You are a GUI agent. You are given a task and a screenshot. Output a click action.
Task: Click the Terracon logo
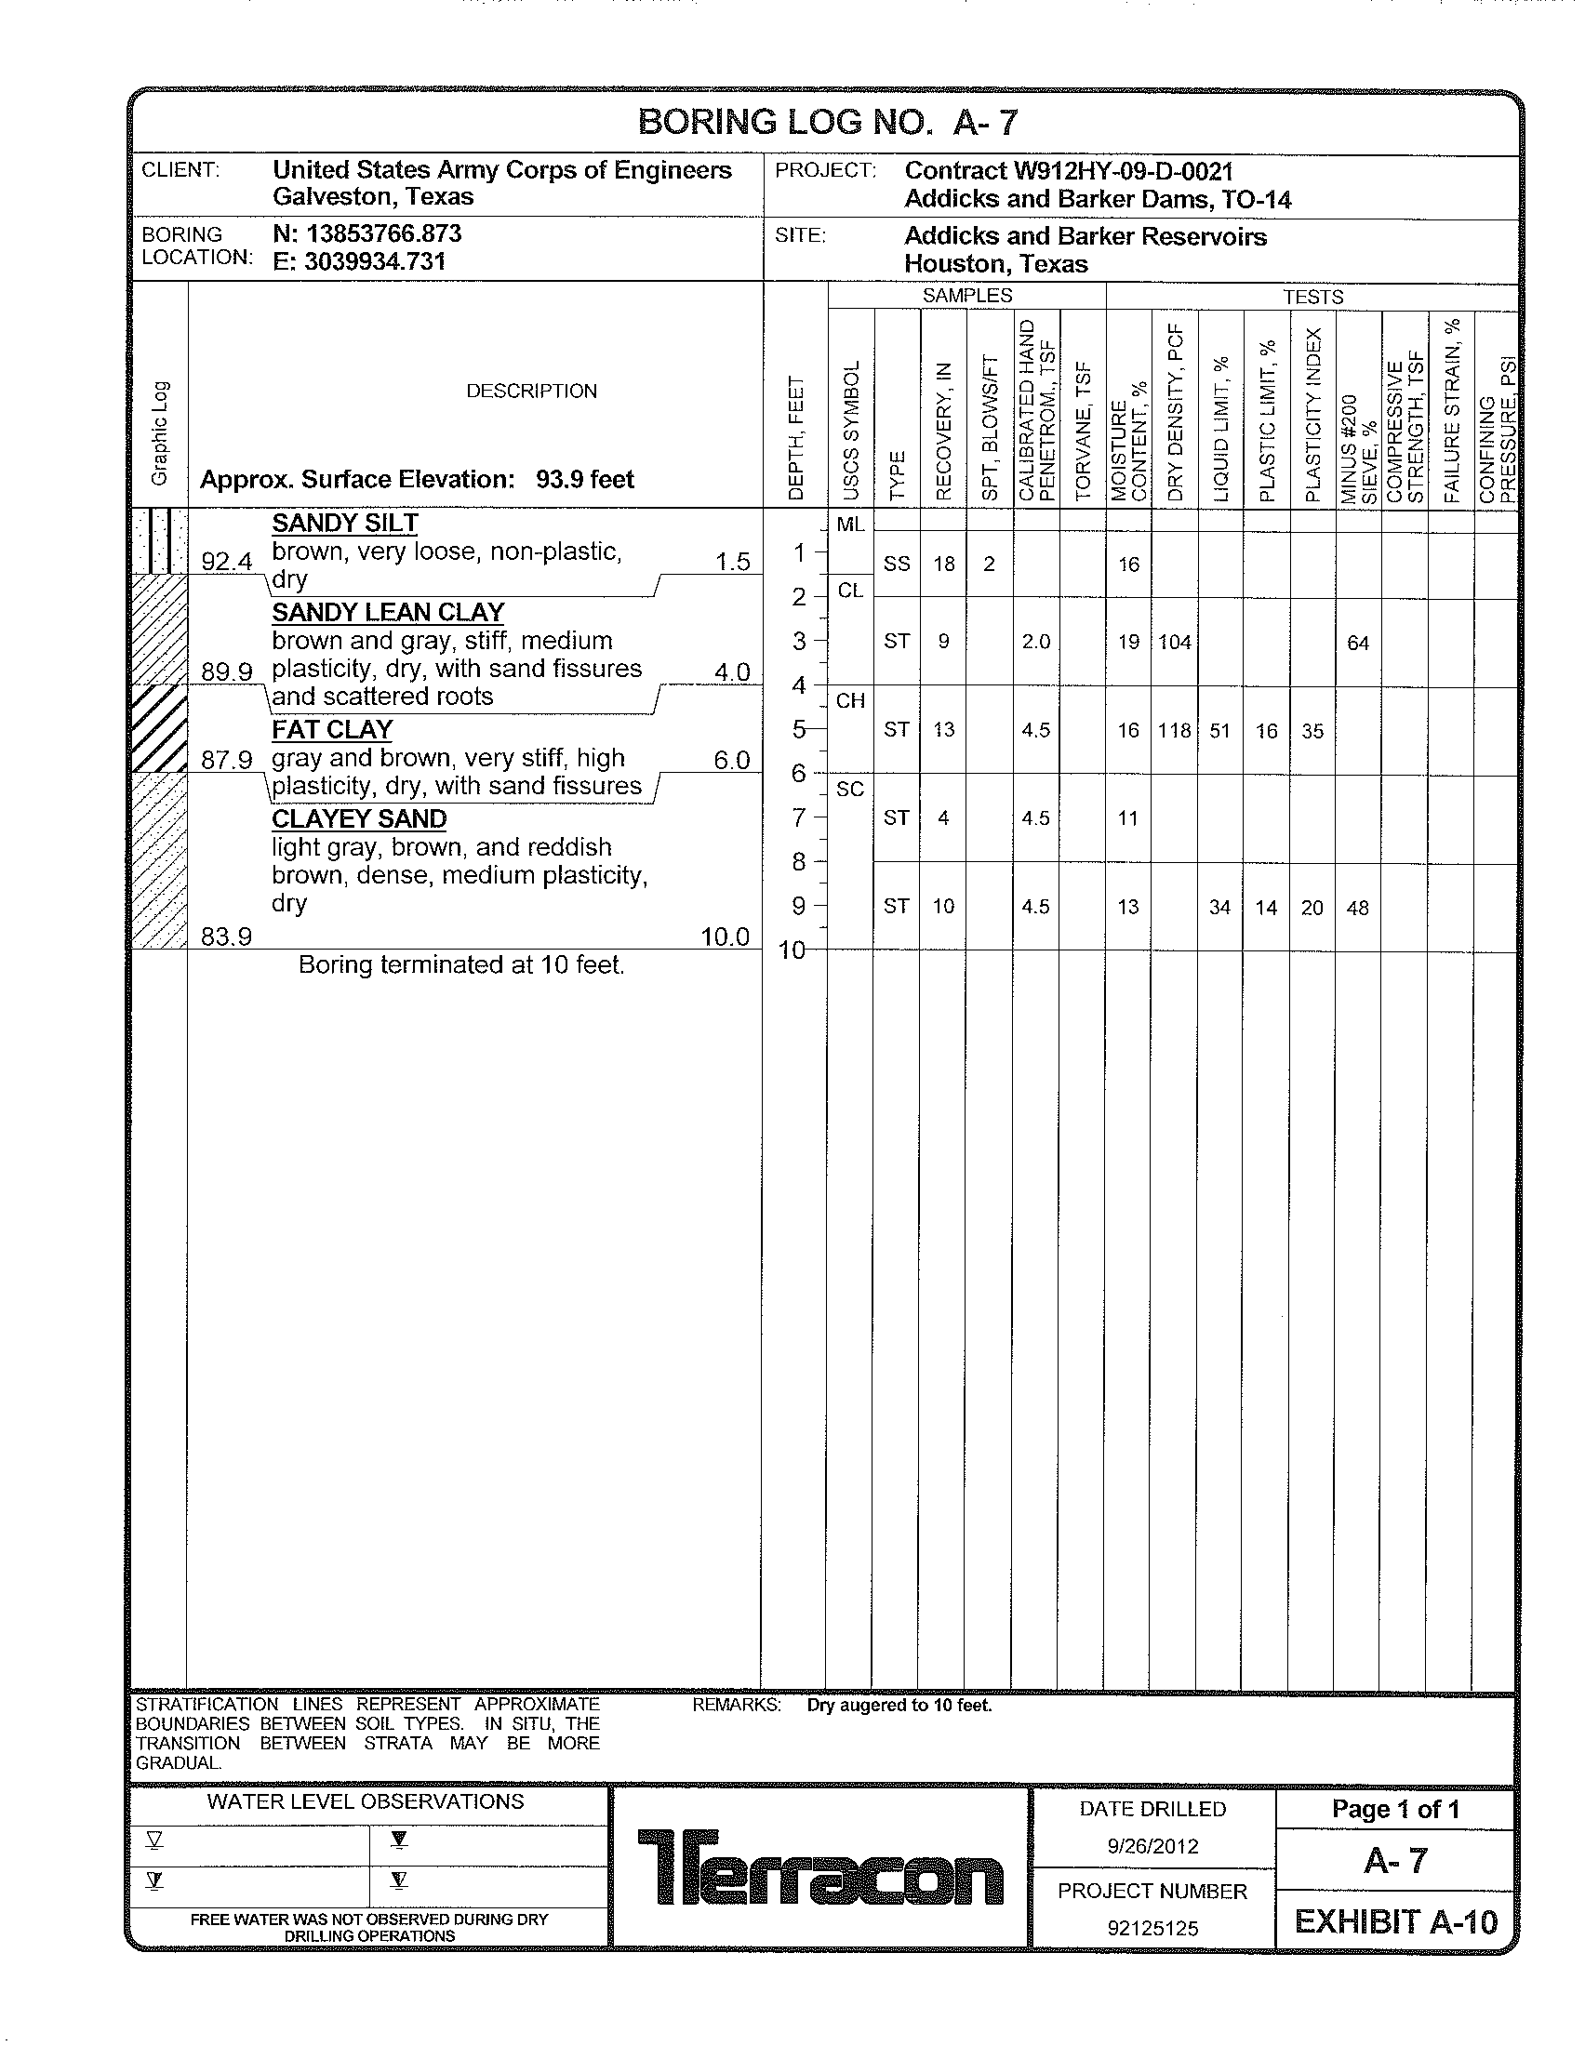(819, 1867)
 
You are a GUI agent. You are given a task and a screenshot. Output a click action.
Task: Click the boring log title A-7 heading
(827, 123)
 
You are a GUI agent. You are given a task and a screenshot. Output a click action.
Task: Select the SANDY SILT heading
(345, 523)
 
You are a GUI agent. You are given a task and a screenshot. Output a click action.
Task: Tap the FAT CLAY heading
(332, 729)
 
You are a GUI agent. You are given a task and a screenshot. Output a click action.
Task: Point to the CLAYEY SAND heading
(359, 818)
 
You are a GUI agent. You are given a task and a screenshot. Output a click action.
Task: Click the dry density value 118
(1174, 731)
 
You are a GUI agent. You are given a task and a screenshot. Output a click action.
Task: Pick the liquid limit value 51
(1219, 731)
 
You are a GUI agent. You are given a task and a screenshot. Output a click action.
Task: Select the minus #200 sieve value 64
(1357, 643)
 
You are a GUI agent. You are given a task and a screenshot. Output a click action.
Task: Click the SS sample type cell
(897, 564)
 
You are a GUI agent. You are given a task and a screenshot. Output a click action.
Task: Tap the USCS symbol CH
(849, 700)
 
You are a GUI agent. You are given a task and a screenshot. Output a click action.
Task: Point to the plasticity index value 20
(1312, 907)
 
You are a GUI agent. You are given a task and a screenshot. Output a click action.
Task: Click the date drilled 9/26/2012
(1152, 1845)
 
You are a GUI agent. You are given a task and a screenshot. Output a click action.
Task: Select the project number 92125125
(1152, 1928)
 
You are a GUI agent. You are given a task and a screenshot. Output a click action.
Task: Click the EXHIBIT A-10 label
(1396, 1922)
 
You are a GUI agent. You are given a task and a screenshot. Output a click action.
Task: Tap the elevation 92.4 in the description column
(227, 561)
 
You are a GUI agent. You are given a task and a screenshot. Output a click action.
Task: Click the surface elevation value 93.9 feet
(584, 480)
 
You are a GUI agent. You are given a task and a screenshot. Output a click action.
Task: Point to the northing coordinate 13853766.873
(384, 233)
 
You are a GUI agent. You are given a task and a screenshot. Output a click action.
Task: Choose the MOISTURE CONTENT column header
(1129, 450)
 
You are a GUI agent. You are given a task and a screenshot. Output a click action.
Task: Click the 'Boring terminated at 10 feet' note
(460, 965)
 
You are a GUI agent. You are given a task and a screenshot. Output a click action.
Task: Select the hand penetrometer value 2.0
(1035, 642)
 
